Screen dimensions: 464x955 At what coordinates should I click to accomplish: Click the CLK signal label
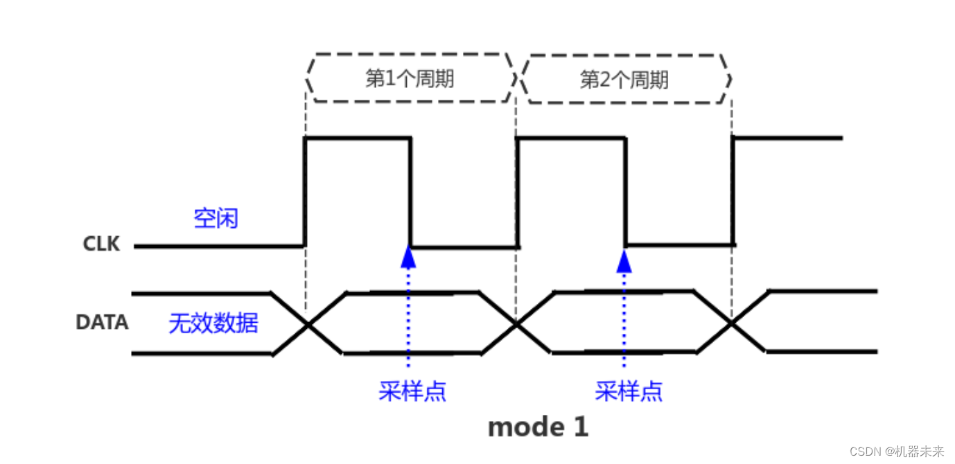(101, 244)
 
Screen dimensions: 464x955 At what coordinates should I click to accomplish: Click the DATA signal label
(102, 323)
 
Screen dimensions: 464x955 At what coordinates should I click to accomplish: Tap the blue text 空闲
(216, 219)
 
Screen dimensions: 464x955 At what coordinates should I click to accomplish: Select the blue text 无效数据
(213, 323)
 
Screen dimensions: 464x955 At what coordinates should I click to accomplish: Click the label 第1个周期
(410, 79)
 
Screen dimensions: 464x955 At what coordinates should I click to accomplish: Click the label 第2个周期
(624, 80)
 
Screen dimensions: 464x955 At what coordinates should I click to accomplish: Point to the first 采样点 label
(412, 391)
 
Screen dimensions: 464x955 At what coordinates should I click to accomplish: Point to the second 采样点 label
(629, 391)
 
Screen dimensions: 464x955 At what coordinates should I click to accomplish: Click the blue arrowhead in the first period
(409, 258)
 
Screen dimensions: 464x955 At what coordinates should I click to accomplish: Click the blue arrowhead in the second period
(624, 260)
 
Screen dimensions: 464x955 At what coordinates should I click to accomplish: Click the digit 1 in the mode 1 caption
(581, 427)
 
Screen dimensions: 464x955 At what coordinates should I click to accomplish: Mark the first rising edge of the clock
(305, 192)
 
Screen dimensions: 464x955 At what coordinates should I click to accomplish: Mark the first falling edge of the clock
(410, 192)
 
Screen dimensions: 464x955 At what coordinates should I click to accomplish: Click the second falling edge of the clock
(625, 192)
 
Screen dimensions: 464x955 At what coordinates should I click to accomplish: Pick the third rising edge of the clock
(733, 192)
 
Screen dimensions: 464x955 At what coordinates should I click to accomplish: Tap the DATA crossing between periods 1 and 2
(516, 323)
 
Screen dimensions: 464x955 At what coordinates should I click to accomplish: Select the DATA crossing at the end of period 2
(730, 323)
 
